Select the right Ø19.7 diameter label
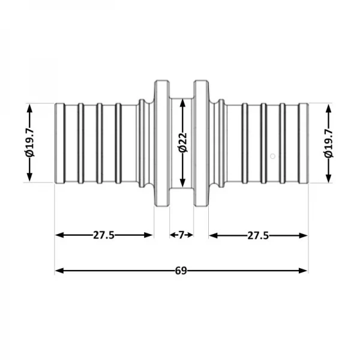click(x=328, y=143)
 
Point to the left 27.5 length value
click(x=104, y=235)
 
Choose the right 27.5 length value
click(x=258, y=235)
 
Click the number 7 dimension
click(x=181, y=235)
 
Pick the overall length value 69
click(x=181, y=271)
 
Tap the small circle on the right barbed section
click(x=272, y=157)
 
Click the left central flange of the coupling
click(x=161, y=143)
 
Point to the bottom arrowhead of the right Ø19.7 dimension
click(x=328, y=179)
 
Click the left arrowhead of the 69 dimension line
click(x=59, y=271)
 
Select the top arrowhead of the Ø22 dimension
click(x=182, y=103)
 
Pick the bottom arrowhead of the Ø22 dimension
click(x=182, y=184)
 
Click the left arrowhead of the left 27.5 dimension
click(x=59, y=235)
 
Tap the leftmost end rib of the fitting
click(x=59, y=143)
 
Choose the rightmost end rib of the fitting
click(x=304, y=143)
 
